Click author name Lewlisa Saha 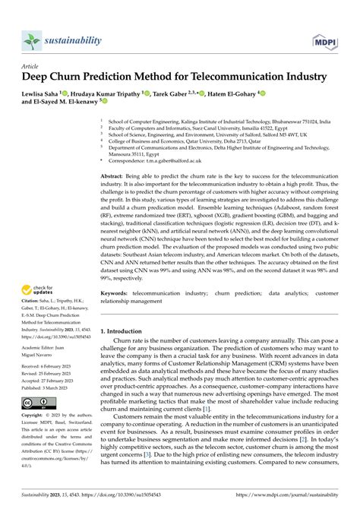[44, 93]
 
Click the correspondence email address [162, 161]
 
